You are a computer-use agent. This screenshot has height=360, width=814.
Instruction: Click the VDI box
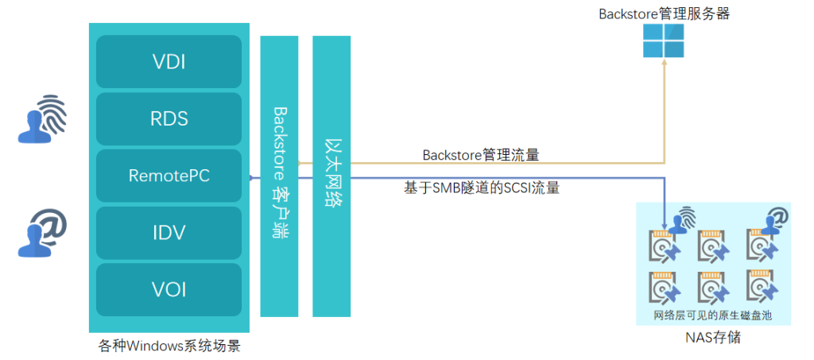pos(169,61)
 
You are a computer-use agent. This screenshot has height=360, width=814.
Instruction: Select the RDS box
pos(169,119)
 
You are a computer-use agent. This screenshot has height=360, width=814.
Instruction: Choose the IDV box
pos(169,234)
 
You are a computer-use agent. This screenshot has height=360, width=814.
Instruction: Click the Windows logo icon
pos(664,40)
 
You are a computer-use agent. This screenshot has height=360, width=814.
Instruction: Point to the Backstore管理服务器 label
pos(664,13)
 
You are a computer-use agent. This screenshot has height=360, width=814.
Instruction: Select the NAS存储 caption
pos(713,337)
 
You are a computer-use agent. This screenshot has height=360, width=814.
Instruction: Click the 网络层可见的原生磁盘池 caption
pos(713,315)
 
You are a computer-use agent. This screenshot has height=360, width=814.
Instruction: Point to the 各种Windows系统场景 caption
pos(169,346)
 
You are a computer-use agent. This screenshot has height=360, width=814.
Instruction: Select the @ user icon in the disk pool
pos(776,219)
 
